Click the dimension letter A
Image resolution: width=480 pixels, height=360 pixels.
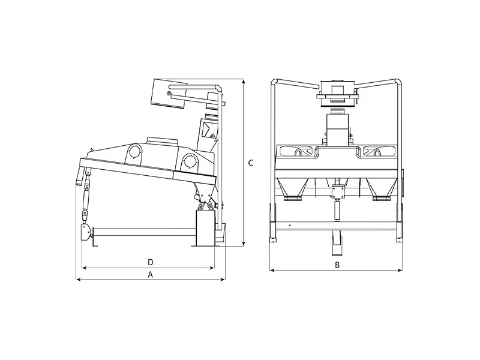pyautogui.click(x=151, y=275)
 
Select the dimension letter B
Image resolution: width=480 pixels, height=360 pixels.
pyautogui.click(x=337, y=265)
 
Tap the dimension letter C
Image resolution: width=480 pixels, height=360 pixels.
pyautogui.click(x=251, y=163)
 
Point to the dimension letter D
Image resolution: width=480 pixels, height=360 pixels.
pyautogui.click(x=151, y=262)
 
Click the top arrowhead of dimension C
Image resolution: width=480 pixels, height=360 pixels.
pyautogui.click(x=244, y=82)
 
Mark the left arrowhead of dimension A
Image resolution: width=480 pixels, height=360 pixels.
pyautogui.click(x=79, y=279)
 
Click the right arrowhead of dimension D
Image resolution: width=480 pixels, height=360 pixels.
pyautogui.click(x=212, y=268)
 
